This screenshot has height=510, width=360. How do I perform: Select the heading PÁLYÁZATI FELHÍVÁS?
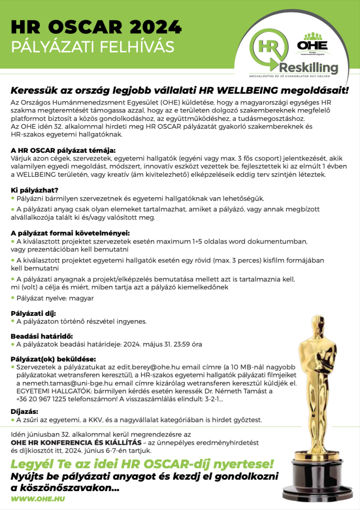(93, 46)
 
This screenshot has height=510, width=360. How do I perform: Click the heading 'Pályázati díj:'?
(34, 313)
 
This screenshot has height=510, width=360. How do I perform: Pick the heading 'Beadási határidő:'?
(41, 336)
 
